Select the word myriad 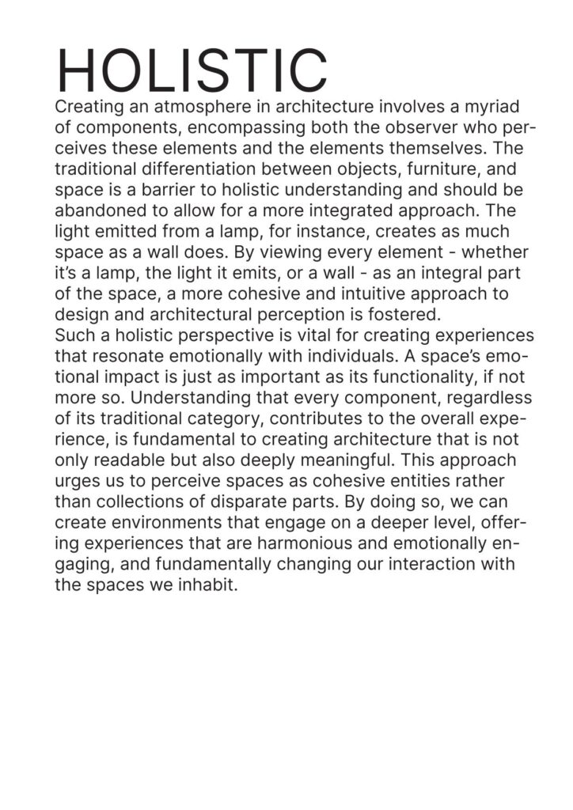point(495,107)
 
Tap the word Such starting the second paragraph point(72,334)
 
